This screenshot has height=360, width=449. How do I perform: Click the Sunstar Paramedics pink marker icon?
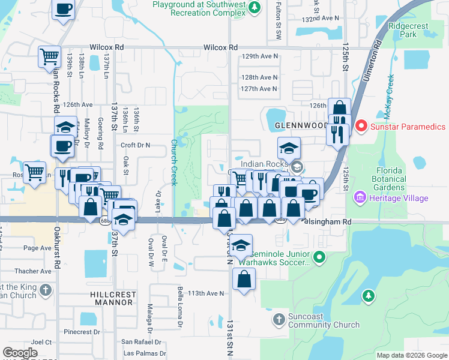point(361,127)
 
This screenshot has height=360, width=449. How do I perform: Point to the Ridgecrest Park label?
point(411,31)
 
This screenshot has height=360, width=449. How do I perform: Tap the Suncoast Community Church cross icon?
point(278,320)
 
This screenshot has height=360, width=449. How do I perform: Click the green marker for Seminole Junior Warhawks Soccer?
point(319,258)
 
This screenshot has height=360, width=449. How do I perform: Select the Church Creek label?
point(173,162)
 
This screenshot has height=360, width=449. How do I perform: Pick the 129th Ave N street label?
point(259,56)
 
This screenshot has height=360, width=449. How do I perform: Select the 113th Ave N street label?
point(206,293)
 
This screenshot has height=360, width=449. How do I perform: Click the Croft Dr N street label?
point(135,145)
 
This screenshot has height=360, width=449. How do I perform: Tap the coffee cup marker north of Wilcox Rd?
point(64,10)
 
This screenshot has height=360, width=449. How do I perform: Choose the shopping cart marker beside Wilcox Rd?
point(50,57)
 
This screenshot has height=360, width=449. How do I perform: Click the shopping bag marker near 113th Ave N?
point(244,279)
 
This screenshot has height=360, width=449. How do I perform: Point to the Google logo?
point(20,353)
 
